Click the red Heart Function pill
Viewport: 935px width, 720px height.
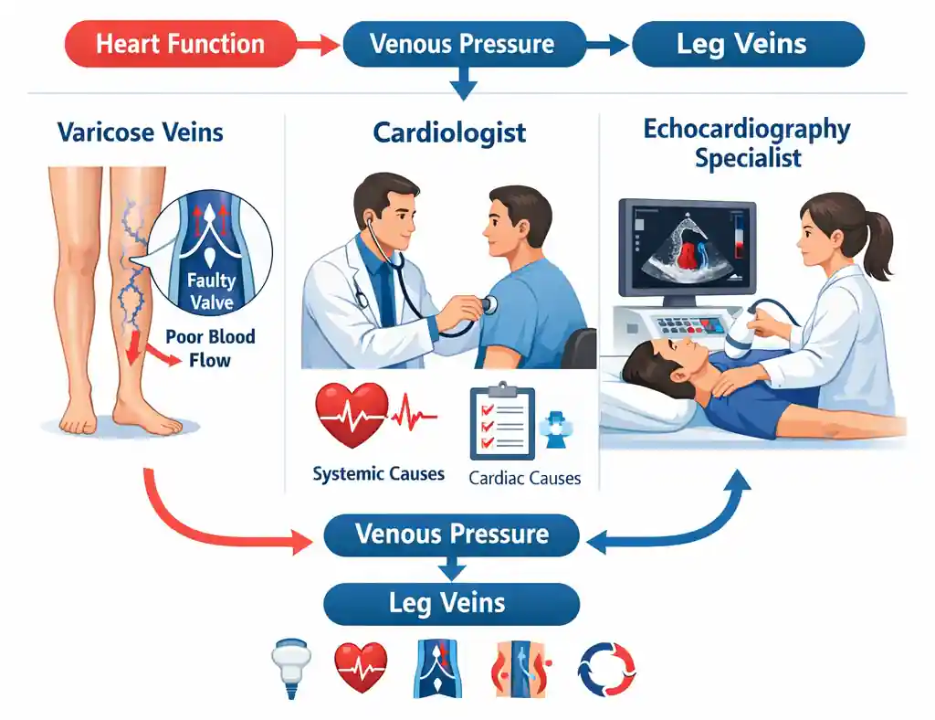180,44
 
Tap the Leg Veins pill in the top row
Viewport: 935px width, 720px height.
748,44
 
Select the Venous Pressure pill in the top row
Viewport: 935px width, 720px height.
463,44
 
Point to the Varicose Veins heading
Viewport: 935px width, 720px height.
140,132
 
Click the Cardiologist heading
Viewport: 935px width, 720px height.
449,132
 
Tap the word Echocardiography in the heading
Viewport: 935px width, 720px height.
747,130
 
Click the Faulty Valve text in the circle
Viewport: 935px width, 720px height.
212,291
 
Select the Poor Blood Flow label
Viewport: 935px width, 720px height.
210,348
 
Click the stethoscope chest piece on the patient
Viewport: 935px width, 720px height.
489,305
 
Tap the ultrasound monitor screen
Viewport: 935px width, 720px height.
688,247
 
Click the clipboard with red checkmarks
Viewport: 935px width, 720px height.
502,422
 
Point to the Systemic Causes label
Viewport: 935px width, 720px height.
379,473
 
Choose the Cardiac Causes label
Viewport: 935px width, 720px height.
525,478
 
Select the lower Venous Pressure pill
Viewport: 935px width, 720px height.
451,535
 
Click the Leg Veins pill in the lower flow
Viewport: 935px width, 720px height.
451,604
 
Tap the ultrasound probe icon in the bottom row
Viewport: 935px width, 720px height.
291,668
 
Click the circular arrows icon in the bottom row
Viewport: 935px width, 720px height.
607,670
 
